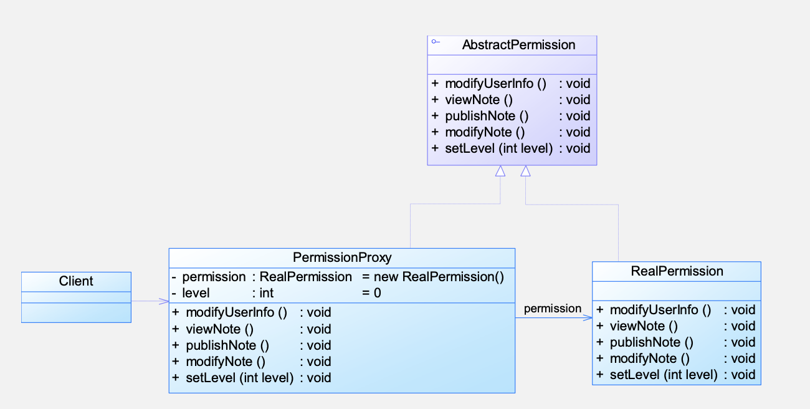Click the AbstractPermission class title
[518, 45]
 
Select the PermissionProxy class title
[342, 257]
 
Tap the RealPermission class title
[677, 271]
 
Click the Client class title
[76, 281]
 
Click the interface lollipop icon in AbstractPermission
[436, 42]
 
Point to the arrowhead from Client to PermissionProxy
[164, 301]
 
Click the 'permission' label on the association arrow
[553, 309]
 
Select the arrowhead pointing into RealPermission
[588, 318]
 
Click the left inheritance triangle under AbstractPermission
[500, 171]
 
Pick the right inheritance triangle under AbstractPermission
[525, 171]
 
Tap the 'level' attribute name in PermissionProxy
[196, 293]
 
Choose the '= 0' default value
[371, 293]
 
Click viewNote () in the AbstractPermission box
[479, 100]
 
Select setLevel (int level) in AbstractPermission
[499, 148]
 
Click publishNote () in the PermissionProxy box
[227, 345]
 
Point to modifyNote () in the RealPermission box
[650, 358]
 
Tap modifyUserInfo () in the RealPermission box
[660, 310]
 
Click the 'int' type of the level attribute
[267, 293]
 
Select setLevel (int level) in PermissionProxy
[240, 378]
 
